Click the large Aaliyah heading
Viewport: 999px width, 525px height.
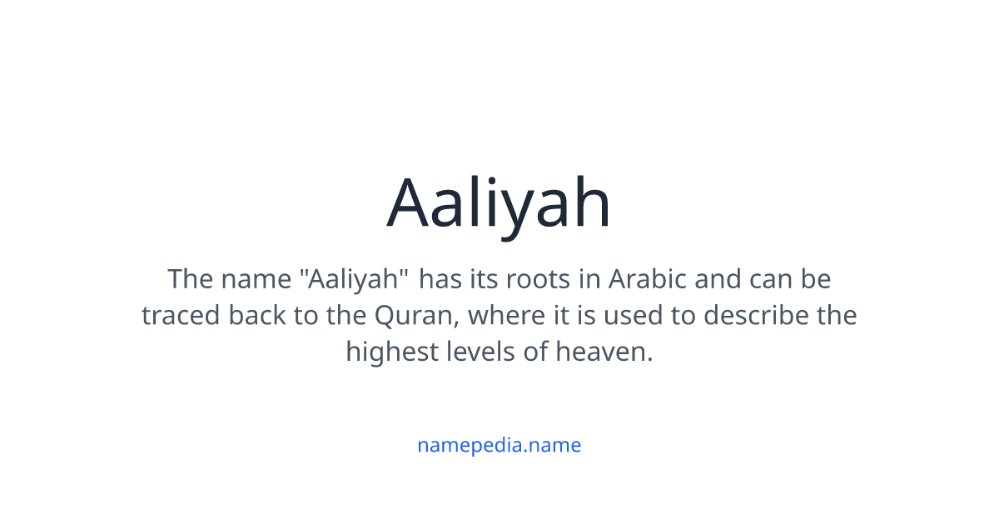point(499,202)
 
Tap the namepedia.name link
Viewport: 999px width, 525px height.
point(499,445)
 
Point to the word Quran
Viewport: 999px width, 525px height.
point(412,315)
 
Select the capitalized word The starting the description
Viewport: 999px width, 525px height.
point(190,278)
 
